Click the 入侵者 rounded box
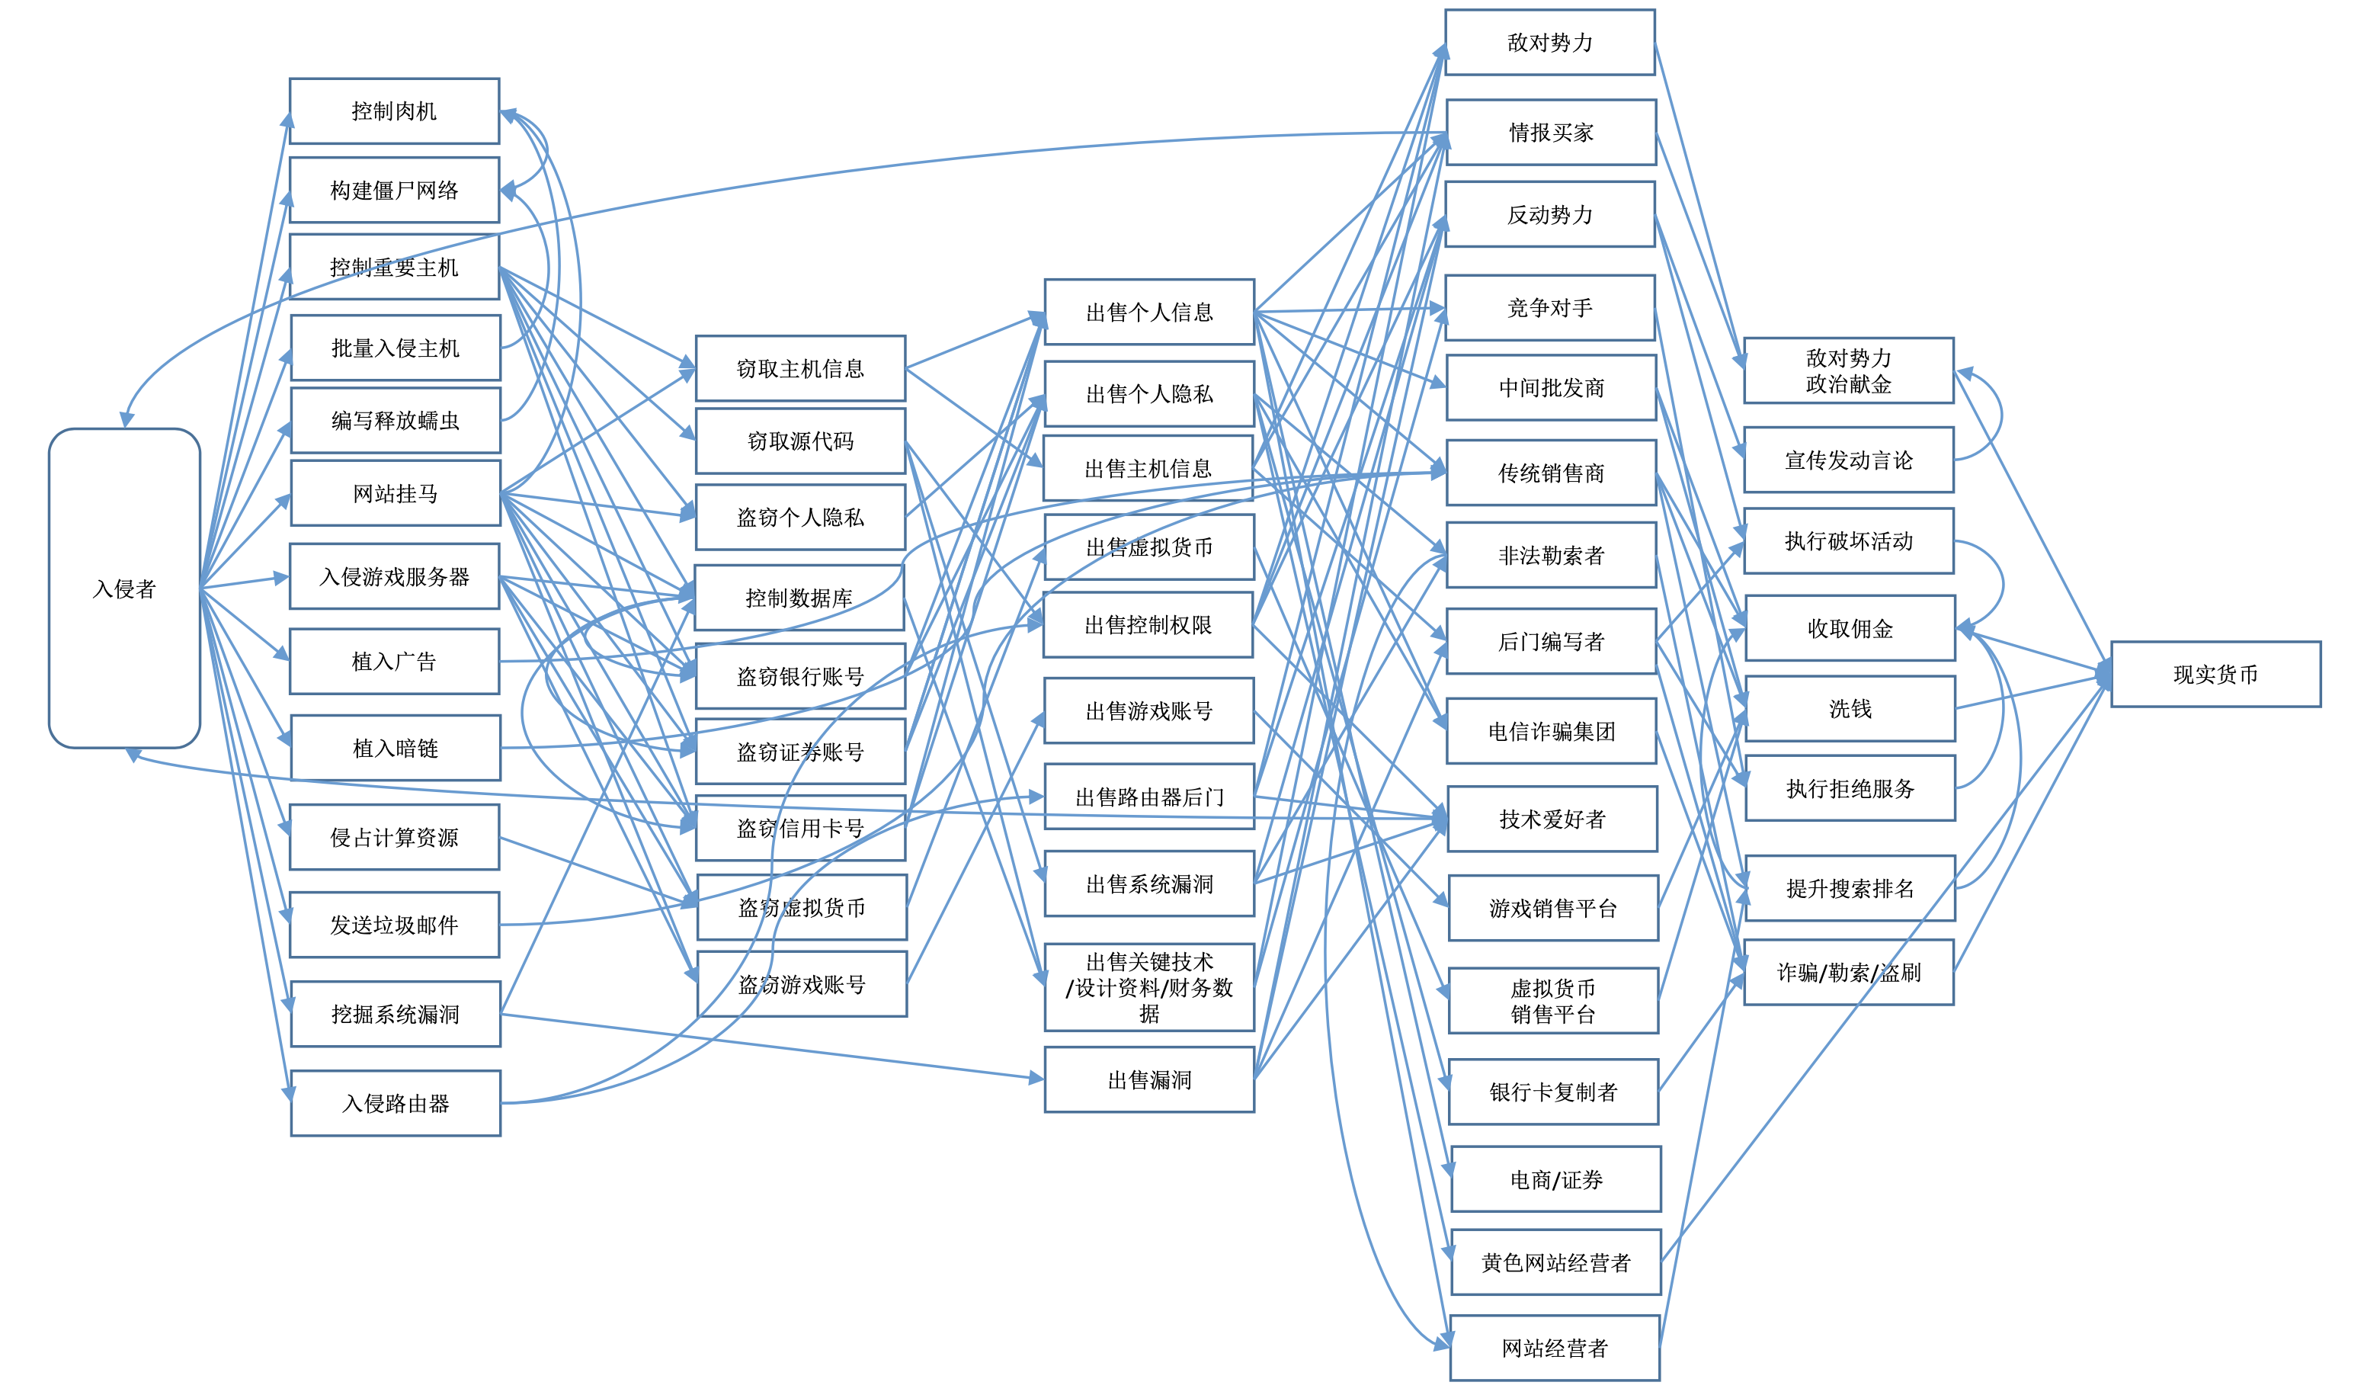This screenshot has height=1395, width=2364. click(124, 588)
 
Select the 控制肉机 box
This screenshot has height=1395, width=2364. click(394, 111)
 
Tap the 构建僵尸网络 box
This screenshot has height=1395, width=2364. click(394, 190)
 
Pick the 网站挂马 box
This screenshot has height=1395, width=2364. click(396, 492)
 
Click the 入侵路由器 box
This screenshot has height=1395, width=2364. click(396, 1102)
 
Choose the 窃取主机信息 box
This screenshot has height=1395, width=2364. click(800, 368)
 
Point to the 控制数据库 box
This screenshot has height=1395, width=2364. click(799, 598)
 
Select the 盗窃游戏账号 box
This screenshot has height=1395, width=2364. click(802, 984)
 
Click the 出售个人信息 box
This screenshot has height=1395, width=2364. click(1149, 312)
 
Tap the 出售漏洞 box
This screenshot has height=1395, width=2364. click(1149, 1080)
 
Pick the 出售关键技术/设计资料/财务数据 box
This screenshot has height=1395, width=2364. click(1149, 987)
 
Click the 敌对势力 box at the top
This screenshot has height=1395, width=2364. click(1549, 42)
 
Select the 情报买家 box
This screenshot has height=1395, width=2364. click(1552, 133)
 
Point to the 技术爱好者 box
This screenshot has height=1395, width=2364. click(1552, 819)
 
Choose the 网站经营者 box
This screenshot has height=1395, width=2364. click(1555, 1348)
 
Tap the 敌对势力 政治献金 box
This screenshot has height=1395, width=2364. click(1848, 370)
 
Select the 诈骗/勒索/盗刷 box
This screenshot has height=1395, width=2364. click(1848, 972)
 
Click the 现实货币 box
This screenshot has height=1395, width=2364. click(2215, 674)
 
